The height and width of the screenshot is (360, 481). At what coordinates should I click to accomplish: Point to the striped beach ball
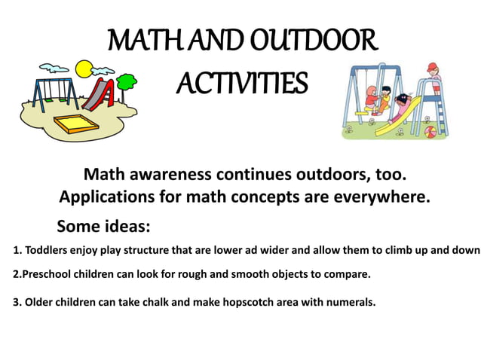pyautogui.click(x=431, y=131)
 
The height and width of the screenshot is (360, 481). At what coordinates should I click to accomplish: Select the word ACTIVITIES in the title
pyautogui.click(x=241, y=82)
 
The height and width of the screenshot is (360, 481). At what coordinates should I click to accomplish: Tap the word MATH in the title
pyautogui.click(x=140, y=39)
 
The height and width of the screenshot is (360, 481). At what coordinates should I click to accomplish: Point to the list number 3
pyautogui.click(x=17, y=302)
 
